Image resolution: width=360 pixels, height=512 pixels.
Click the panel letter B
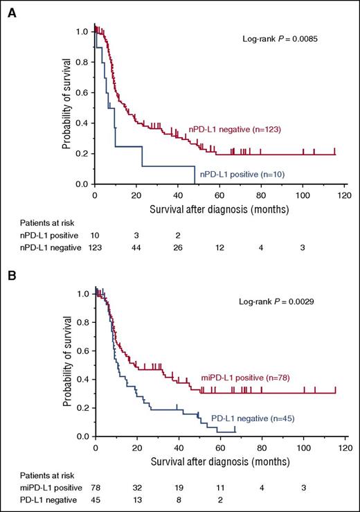11,274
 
